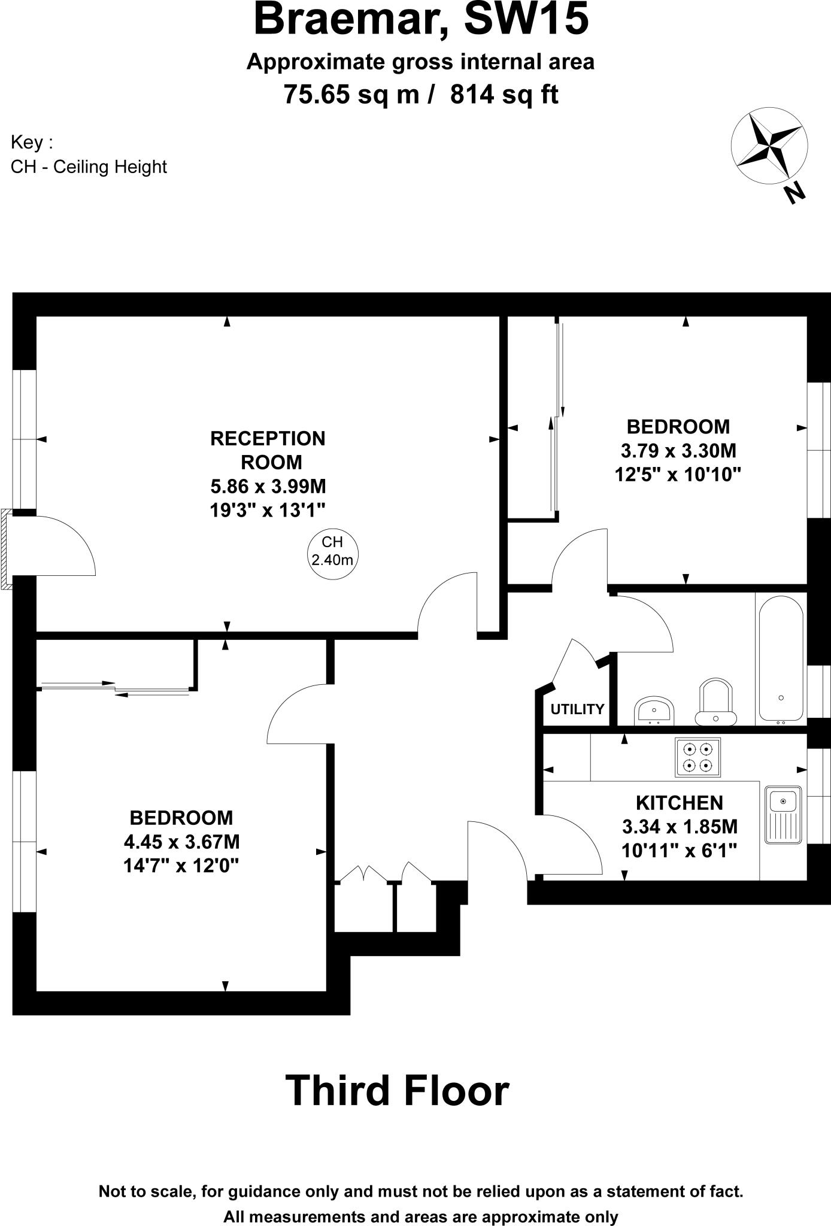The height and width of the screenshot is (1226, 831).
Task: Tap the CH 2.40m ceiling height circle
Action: click(332, 551)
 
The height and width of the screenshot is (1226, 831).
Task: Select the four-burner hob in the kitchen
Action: click(697, 757)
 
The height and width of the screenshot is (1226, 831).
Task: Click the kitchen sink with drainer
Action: click(783, 815)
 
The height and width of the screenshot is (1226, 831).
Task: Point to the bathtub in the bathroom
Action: click(781, 658)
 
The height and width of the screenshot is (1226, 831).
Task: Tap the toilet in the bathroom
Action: click(715, 700)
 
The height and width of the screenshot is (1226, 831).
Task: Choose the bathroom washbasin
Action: click(654, 710)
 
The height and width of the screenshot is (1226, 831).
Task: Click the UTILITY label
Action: click(577, 709)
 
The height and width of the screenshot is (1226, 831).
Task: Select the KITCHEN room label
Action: click(680, 803)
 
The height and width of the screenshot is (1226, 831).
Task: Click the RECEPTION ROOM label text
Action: click(268, 450)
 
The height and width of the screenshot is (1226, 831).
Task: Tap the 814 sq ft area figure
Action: click(504, 95)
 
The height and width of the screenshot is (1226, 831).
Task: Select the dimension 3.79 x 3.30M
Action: click(678, 450)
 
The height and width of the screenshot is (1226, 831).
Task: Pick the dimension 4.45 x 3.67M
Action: click(181, 842)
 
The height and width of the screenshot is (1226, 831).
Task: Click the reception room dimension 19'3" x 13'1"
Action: click(268, 510)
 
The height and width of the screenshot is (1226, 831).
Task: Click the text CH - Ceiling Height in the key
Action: click(89, 166)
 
